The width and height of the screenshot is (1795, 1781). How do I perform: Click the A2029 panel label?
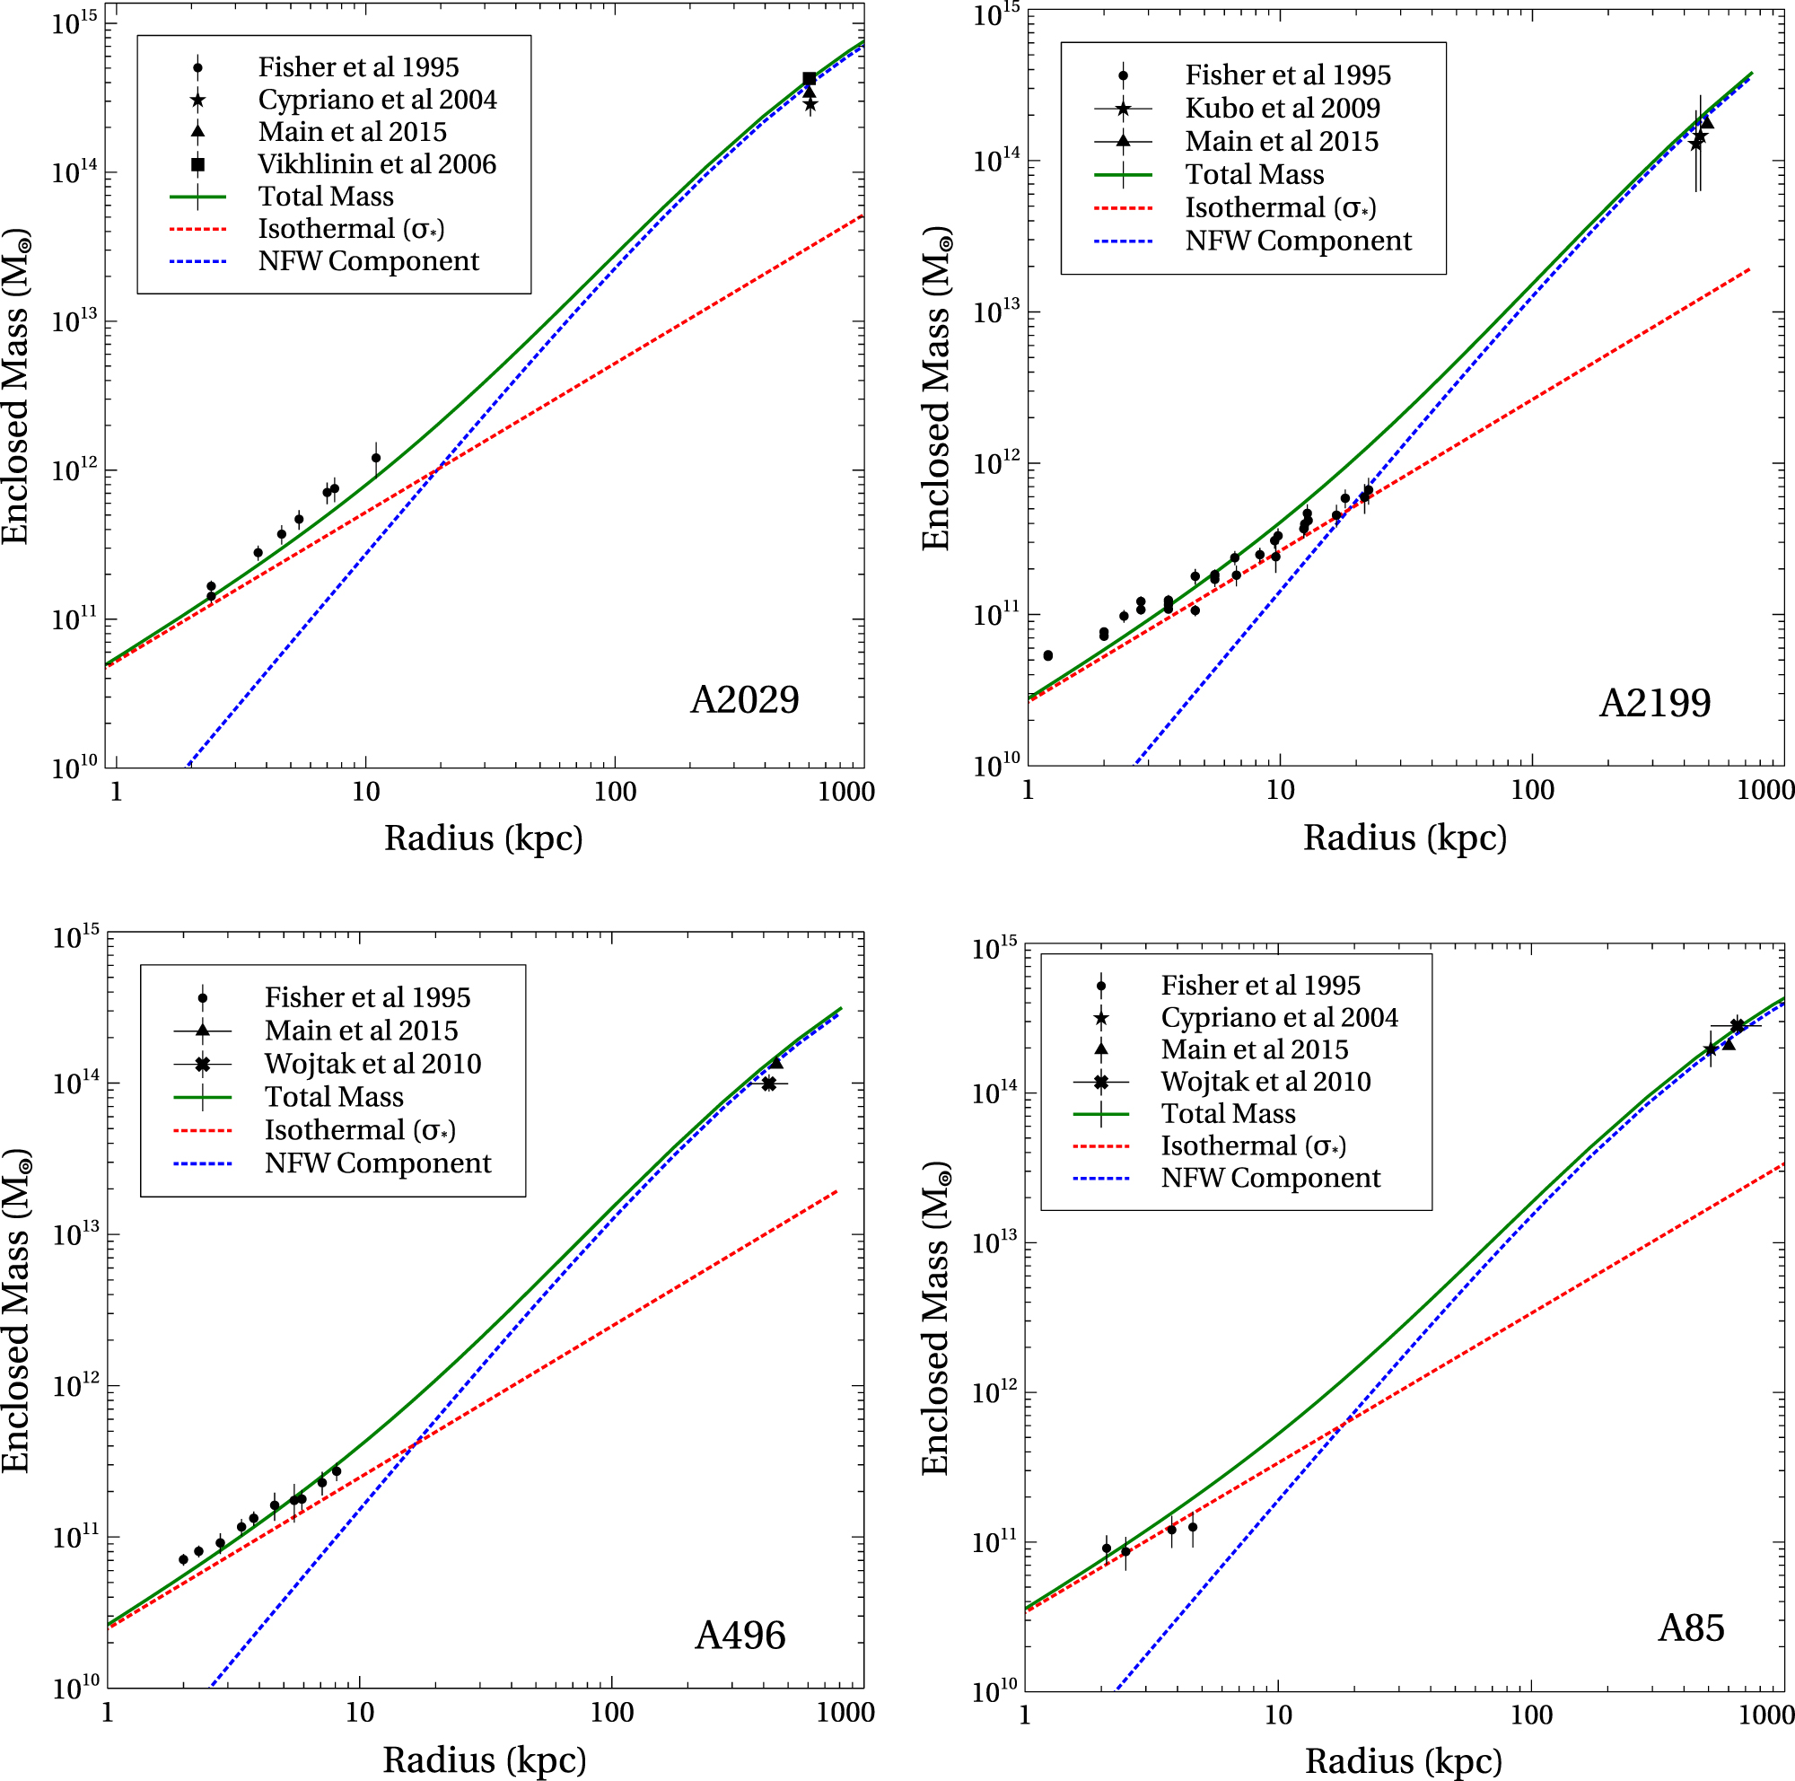coord(744,699)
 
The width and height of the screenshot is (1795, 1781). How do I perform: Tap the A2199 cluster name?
coord(1654,703)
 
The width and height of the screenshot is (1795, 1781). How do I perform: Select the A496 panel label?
coord(740,1636)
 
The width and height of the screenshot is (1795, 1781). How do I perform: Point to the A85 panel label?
coord(1691,1627)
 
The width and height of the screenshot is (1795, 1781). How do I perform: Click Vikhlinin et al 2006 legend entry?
coord(376,164)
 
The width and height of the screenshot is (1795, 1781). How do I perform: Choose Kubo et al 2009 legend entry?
coord(1283,109)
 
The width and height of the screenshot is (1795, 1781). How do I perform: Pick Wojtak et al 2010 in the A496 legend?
coord(372,1064)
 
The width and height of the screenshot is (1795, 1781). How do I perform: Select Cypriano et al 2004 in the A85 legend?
coord(1278,1017)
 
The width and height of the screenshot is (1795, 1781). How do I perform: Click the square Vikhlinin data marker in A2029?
coord(810,79)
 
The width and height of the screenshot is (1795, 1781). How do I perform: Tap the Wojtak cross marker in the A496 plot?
coord(768,1084)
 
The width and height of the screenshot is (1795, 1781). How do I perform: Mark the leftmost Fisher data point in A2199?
coord(1048,656)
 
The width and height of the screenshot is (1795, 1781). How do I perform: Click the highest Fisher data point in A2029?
coord(375,458)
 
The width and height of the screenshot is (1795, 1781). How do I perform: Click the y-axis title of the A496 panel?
coord(17,1310)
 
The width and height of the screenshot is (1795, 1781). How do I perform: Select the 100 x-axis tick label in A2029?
coord(615,793)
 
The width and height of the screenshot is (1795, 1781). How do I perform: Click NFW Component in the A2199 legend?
coord(1298,241)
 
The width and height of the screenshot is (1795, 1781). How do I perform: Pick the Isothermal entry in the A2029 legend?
coord(350,229)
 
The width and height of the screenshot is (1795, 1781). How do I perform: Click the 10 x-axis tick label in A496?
coord(360,1712)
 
